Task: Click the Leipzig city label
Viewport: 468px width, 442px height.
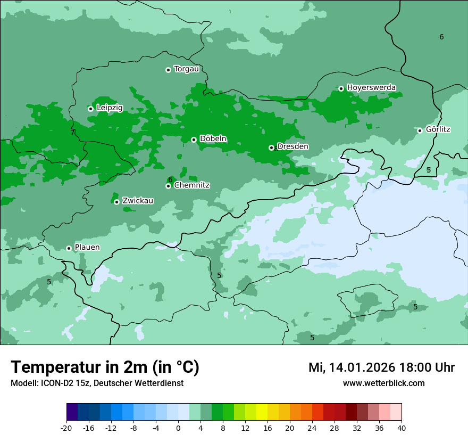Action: (x=110, y=108)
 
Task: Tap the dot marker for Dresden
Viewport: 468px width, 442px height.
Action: (x=271, y=148)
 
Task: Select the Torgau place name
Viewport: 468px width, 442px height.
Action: (x=186, y=69)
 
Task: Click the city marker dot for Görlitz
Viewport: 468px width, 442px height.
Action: (x=420, y=130)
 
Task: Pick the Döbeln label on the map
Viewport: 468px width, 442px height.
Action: (x=213, y=138)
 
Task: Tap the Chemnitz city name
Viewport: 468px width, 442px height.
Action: (x=192, y=185)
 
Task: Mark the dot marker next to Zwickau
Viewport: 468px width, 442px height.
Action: (x=116, y=202)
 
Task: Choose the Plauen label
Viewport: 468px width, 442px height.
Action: (x=87, y=247)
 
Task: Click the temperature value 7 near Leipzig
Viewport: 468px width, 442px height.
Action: (x=73, y=133)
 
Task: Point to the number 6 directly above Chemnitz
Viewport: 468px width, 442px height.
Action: (x=170, y=179)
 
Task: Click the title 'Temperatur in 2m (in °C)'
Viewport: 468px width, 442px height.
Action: (x=105, y=367)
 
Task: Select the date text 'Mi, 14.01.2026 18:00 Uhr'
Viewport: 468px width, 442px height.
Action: (x=381, y=367)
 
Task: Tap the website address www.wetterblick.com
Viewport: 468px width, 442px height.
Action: (x=383, y=383)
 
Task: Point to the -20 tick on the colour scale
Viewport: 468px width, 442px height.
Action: (x=66, y=428)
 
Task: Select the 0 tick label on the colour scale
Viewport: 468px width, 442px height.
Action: (x=178, y=428)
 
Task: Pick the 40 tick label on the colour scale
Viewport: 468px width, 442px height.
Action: (x=402, y=428)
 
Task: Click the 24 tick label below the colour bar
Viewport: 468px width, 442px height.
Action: (x=312, y=428)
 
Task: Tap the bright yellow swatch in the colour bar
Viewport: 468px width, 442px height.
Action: (x=262, y=412)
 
